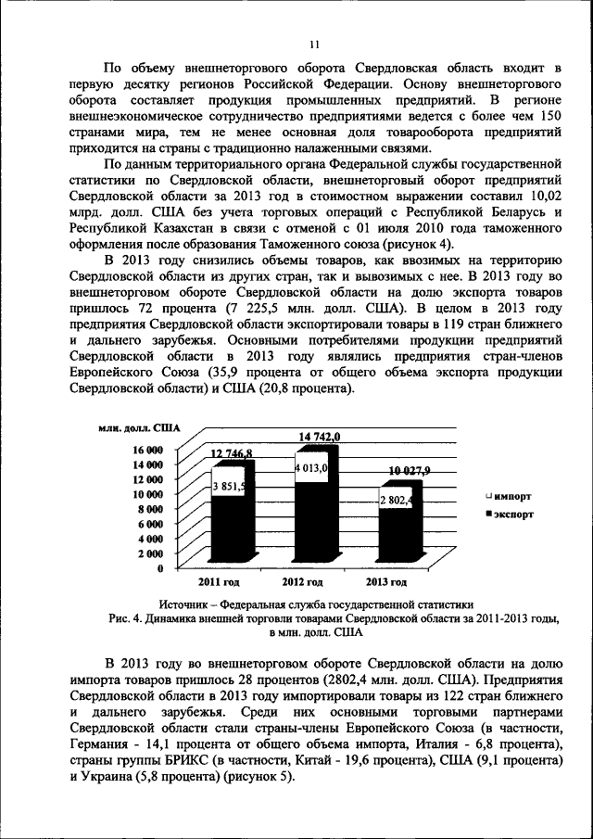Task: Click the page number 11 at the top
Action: tap(314, 44)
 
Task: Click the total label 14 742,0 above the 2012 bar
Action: tap(320, 437)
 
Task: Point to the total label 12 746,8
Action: tap(232, 452)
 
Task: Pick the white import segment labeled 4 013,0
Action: tap(311, 469)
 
